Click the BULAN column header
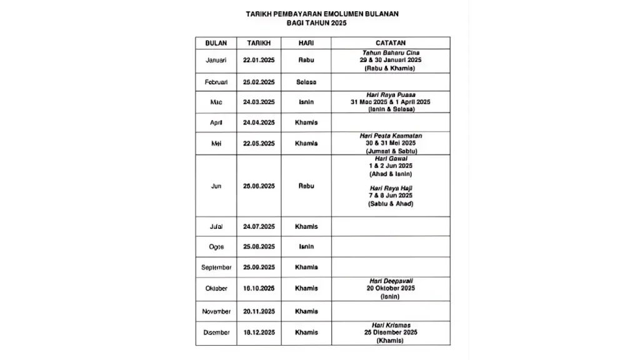tap(216, 43)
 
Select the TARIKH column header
tap(259, 43)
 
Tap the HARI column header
tap(306, 43)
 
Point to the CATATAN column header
tap(391, 43)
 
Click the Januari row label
tap(216, 60)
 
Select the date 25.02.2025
tap(259, 82)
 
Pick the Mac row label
tap(216, 102)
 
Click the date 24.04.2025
tap(259, 122)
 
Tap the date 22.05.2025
tap(259, 143)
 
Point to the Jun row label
tap(216, 186)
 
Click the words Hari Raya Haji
tap(390, 187)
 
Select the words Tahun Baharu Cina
tap(390, 52)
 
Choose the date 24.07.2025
tap(259, 226)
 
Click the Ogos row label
tap(216, 247)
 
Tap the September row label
tap(216, 267)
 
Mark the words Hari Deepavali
tap(390, 281)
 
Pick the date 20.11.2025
tap(259, 311)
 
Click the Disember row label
tap(216, 332)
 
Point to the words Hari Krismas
tap(390, 325)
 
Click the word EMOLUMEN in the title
tap(351, 13)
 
